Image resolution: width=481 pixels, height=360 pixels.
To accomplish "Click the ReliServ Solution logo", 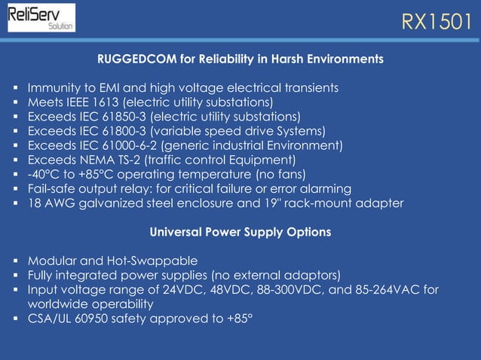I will tap(41, 17).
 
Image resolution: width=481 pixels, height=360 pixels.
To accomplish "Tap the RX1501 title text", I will tap(436, 21).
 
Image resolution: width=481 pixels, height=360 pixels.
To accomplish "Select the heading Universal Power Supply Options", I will tap(240, 232).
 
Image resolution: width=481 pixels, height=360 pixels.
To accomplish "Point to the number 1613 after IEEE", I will tap(104, 102).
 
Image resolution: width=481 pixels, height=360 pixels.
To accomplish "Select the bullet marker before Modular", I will tap(16, 261).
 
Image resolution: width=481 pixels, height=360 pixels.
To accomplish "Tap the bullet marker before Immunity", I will tap(16, 88).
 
